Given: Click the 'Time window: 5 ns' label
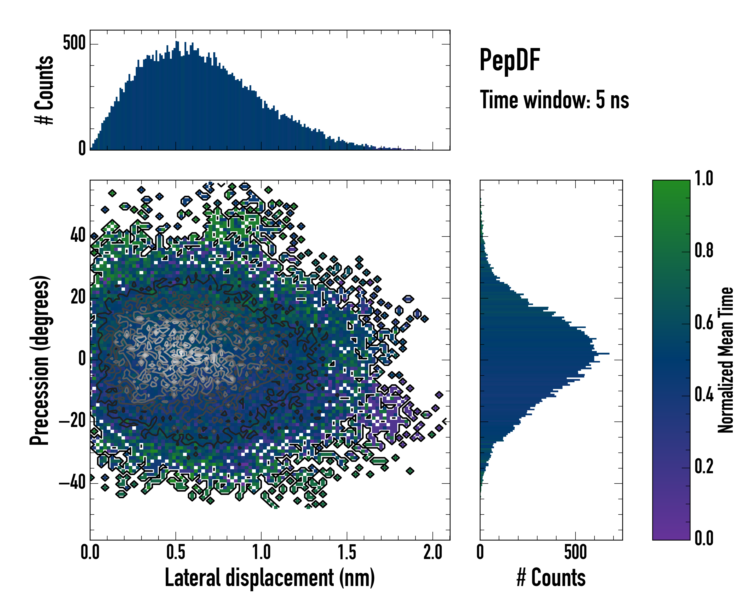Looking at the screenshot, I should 554,100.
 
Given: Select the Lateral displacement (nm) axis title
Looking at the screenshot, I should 269,578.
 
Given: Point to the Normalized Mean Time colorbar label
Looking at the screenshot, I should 726,360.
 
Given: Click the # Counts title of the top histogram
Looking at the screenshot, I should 44,90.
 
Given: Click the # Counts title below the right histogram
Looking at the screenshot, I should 551,578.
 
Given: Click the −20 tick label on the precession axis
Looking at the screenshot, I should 72,421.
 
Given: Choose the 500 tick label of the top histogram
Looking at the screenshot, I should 74,43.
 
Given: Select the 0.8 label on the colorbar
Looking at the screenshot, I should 704,250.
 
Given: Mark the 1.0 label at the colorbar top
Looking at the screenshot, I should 704,178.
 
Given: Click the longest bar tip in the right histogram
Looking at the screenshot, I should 609,354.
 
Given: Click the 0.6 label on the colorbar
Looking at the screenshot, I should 704,323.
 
